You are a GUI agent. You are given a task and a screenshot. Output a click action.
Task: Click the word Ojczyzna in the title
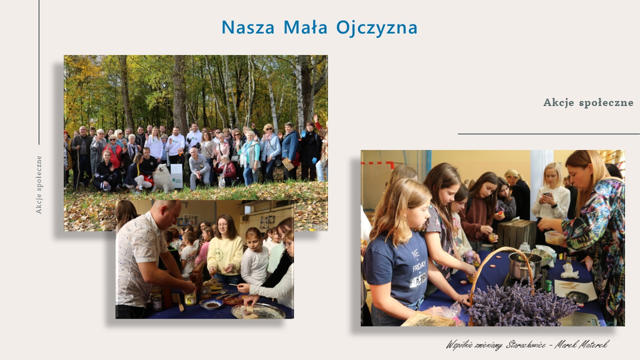click(x=377, y=27)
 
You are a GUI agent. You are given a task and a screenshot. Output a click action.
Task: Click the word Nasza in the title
click(x=248, y=27)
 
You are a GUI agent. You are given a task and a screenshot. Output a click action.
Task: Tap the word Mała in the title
click(x=305, y=27)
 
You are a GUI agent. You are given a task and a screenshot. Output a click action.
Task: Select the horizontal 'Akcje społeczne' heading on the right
click(x=588, y=102)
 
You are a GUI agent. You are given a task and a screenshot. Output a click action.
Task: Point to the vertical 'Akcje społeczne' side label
click(x=39, y=185)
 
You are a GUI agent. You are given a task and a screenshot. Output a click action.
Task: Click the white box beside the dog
click(x=176, y=176)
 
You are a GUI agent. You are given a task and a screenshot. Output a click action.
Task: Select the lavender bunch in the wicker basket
click(x=520, y=305)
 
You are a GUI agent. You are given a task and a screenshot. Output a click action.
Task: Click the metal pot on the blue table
click(x=524, y=265)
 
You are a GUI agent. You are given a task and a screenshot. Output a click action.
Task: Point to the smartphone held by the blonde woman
click(x=547, y=195)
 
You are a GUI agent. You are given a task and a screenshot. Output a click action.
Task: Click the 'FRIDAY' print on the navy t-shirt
click(x=418, y=265)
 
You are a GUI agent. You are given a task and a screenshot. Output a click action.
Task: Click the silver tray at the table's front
click(x=258, y=311)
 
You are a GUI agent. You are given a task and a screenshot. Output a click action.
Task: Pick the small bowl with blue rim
click(x=211, y=304)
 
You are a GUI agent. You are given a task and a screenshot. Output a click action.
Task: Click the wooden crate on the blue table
click(x=516, y=233)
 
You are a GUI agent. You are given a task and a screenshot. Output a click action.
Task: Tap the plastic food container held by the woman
click(x=554, y=237)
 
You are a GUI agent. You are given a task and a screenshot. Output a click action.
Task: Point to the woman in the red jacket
click(x=113, y=154)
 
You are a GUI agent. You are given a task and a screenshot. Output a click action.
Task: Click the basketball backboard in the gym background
click(x=187, y=219)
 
